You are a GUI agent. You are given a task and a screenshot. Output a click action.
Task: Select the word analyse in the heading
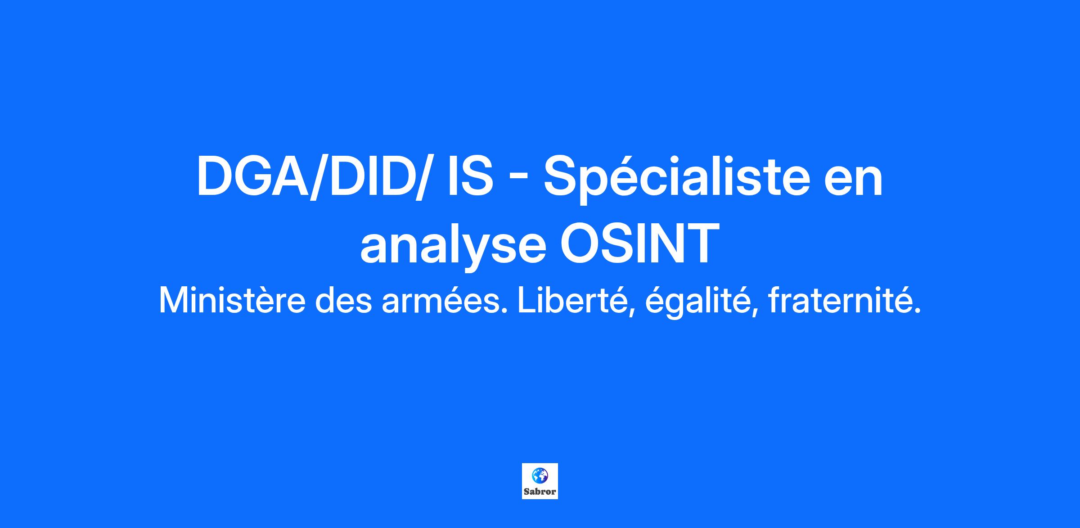453,245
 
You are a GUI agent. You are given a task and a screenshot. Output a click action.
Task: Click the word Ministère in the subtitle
232,301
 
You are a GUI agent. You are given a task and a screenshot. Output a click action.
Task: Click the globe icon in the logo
540,475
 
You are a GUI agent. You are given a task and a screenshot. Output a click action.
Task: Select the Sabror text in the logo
540,492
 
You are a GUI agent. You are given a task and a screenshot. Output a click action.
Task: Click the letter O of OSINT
581,243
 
